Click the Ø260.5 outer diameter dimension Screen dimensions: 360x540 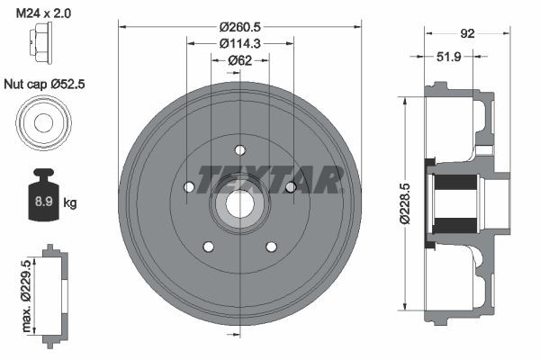click(239, 25)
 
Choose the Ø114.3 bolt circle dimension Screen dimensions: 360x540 click(239, 42)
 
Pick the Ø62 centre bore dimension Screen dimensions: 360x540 click(239, 59)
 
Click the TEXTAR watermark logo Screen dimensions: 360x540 click(270, 179)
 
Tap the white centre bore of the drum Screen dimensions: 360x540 click(239, 204)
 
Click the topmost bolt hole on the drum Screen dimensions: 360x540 click(239, 150)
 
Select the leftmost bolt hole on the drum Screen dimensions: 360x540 click(189, 187)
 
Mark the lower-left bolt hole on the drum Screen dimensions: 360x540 click(208, 247)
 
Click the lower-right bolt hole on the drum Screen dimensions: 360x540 click(271, 247)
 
